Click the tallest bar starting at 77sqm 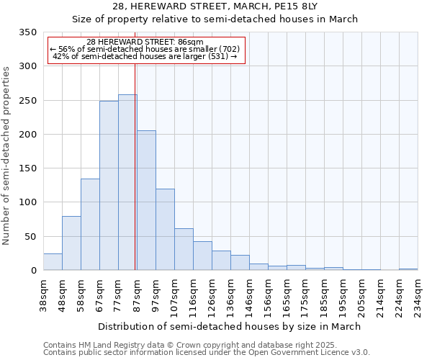127,182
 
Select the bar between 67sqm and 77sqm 109,186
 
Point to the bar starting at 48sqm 71,243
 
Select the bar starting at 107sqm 184,249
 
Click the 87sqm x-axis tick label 138,296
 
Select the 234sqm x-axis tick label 418,296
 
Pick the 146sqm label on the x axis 250,296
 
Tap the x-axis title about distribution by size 230,326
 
